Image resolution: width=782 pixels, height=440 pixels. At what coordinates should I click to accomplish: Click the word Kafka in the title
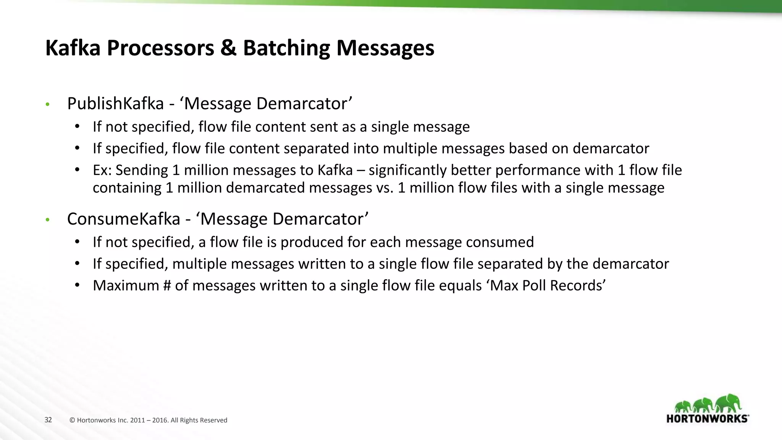pos(73,48)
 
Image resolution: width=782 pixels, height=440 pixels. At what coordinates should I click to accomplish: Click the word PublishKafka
pos(115,104)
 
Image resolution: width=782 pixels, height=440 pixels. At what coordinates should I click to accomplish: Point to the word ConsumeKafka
pos(123,219)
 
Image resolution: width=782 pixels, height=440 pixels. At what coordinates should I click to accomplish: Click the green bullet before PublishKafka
pos(47,104)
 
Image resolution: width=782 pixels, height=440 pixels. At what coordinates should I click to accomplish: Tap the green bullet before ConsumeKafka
pos(47,220)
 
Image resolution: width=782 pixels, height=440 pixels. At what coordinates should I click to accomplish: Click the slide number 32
pos(48,420)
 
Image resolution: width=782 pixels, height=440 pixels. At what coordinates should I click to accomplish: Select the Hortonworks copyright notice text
pos(148,420)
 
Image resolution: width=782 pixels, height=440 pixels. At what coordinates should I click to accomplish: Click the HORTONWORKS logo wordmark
pos(707,419)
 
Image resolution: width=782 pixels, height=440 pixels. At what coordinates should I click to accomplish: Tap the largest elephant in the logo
pos(728,404)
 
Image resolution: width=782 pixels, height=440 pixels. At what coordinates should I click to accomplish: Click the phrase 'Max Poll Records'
pos(546,286)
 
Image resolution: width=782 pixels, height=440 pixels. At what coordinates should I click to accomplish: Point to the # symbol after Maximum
pos(167,286)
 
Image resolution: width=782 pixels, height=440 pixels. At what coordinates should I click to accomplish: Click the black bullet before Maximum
pos(78,285)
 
